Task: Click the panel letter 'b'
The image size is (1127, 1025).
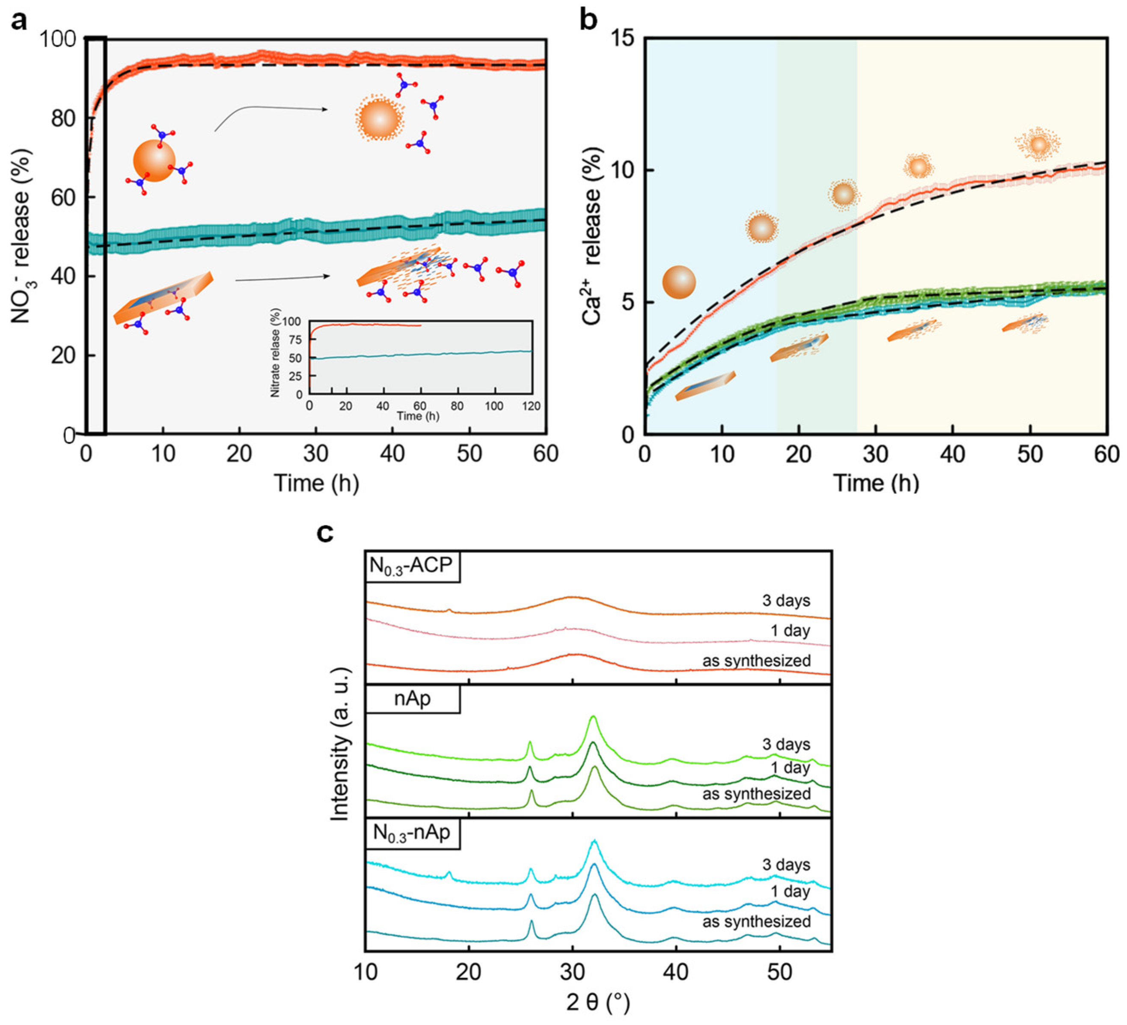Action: click(x=588, y=20)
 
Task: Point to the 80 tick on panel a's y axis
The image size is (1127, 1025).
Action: click(x=66, y=119)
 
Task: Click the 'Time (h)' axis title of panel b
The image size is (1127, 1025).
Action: click(x=876, y=483)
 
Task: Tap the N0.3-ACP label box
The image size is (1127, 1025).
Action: click(x=412, y=566)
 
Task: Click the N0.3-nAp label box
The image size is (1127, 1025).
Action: click(x=412, y=833)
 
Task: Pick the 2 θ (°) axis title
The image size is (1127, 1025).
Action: click(x=598, y=1003)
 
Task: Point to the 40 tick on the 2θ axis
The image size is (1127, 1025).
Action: click(x=676, y=972)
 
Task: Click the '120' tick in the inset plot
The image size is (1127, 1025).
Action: click(x=532, y=407)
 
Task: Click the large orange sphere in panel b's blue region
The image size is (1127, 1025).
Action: click(x=679, y=283)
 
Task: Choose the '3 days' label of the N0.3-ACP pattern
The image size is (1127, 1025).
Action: click(x=786, y=601)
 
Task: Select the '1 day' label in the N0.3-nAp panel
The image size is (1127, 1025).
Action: click(x=790, y=891)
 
